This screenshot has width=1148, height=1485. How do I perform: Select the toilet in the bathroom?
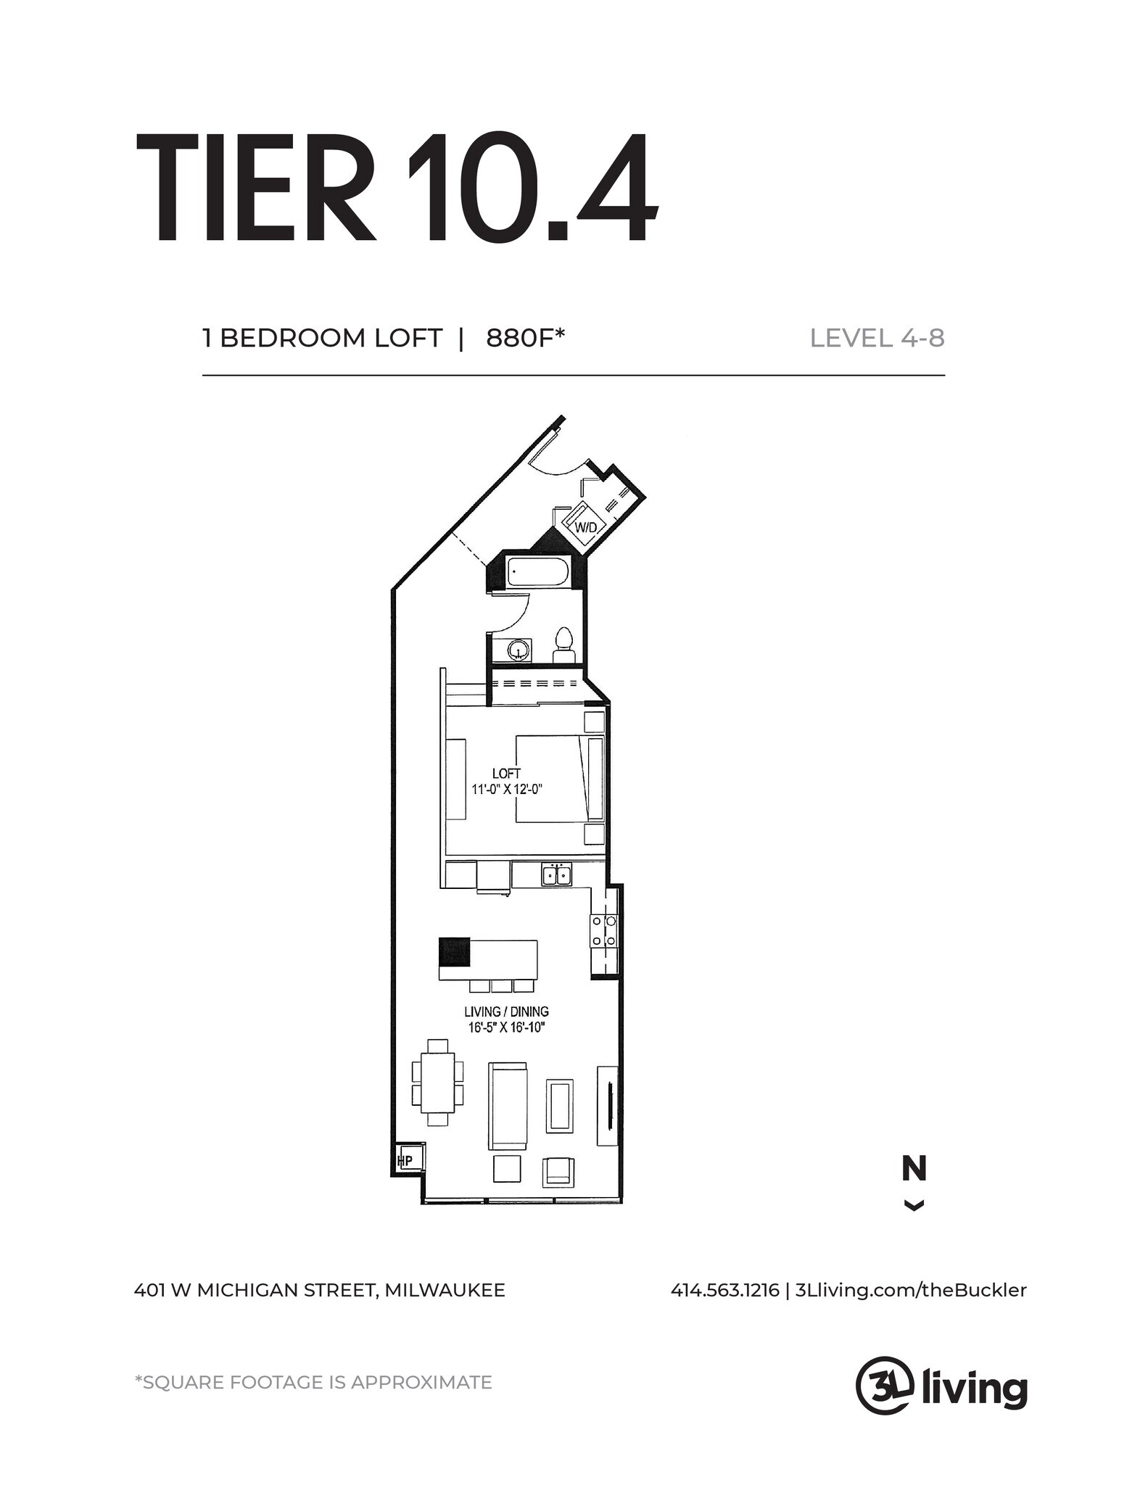(563, 645)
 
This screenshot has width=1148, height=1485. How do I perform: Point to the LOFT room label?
(506, 774)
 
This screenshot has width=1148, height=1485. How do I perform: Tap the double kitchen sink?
(556, 874)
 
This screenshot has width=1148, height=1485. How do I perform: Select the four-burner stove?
(603, 930)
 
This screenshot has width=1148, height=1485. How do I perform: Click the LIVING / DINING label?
(506, 1012)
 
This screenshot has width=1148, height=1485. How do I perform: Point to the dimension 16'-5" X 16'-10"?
(506, 1027)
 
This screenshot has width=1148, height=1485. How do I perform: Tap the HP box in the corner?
(405, 1161)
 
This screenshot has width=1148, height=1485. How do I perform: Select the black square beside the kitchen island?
(455, 951)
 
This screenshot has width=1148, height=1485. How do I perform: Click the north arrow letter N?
(914, 1169)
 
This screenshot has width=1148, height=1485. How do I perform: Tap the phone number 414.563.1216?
(724, 1291)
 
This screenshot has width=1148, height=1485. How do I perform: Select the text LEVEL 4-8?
(877, 338)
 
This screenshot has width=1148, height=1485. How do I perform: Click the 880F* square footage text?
(525, 338)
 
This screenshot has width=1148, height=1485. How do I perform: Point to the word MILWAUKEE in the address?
(445, 1291)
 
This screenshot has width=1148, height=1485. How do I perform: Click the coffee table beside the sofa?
(561, 1105)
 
